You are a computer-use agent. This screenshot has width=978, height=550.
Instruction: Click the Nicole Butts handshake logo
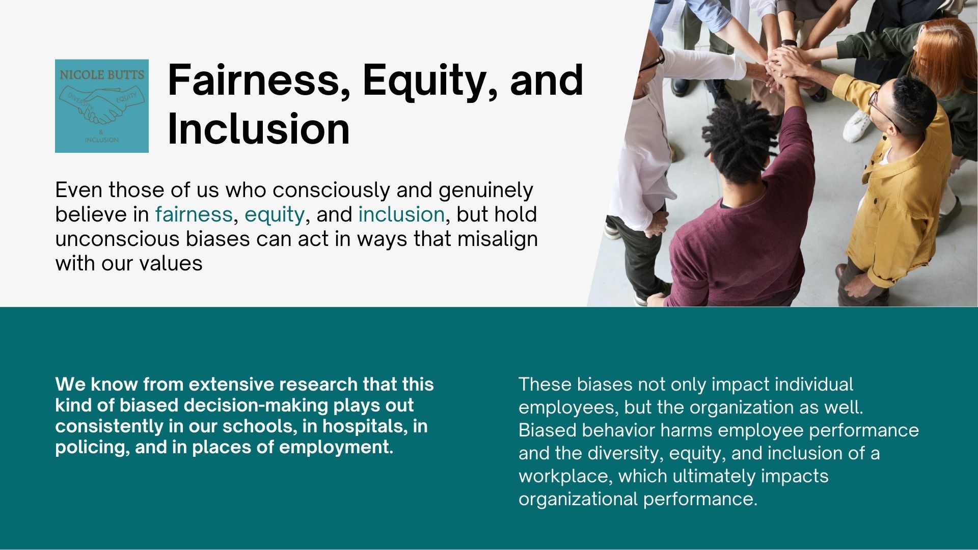tap(102, 106)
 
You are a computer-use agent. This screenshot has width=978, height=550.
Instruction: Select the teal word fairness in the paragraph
tap(194, 214)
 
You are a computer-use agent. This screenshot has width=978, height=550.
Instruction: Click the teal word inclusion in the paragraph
tap(401, 214)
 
